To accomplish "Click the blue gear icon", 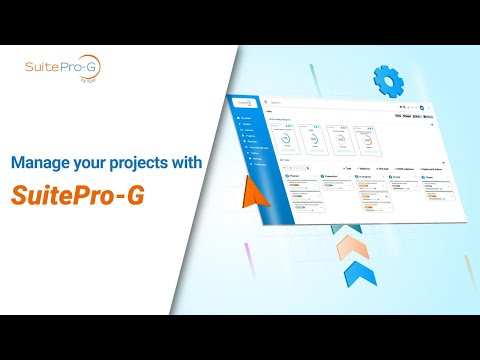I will point(387,79).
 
